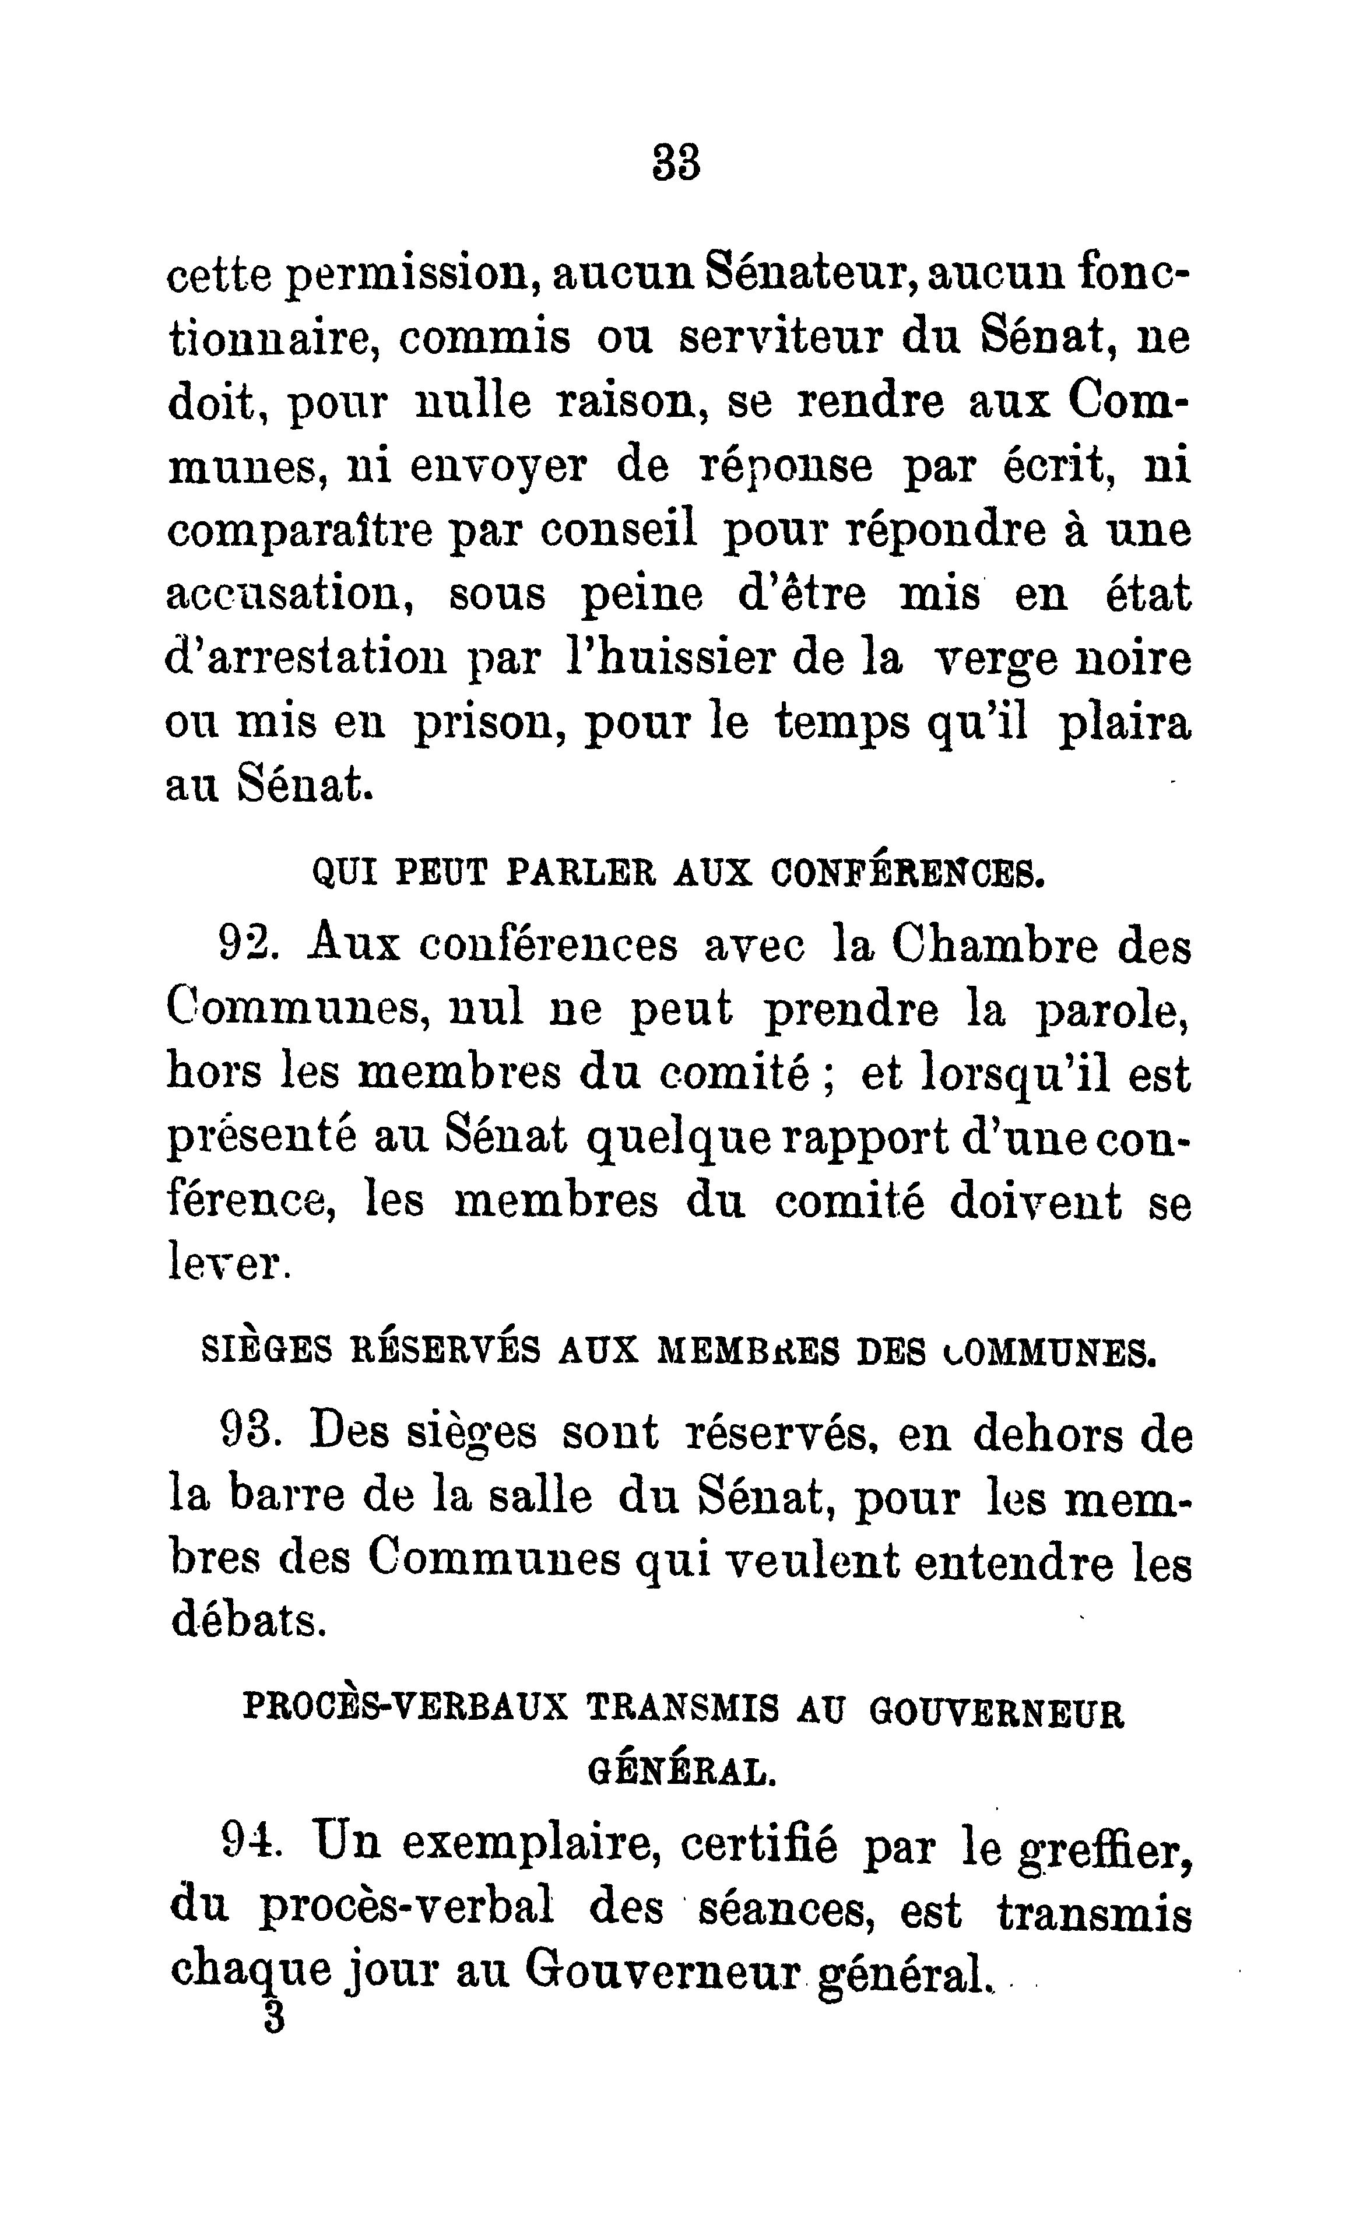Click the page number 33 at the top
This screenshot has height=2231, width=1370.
[676, 164]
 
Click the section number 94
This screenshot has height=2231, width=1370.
[245, 1840]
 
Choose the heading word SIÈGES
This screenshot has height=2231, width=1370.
[265, 1351]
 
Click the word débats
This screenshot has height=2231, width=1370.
[248, 1621]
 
